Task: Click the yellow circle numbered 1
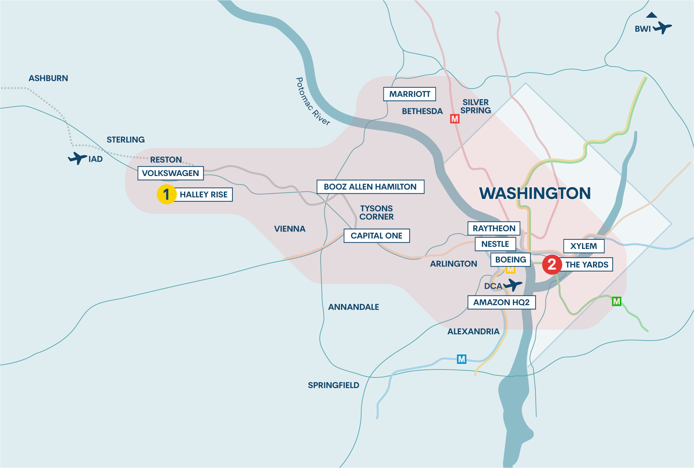point(167,194)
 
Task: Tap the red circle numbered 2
point(552,265)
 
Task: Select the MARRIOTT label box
point(409,94)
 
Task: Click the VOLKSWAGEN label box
point(170,173)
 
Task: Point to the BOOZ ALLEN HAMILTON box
point(370,187)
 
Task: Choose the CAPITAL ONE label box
point(376,236)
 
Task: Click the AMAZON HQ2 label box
point(501,302)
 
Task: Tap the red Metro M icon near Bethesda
point(455,119)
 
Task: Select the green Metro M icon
point(616,301)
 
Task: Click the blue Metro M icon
point(462,359)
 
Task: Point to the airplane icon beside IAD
point(77,158)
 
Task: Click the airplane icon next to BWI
point(662,27)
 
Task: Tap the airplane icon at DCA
point(513,285)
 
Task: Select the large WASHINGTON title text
point(535,193)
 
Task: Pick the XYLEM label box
point(584,246)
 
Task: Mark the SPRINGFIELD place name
point(333,385)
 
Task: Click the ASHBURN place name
point(48,78)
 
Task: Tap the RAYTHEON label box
point(494,228)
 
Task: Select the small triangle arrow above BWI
point(652,15)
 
